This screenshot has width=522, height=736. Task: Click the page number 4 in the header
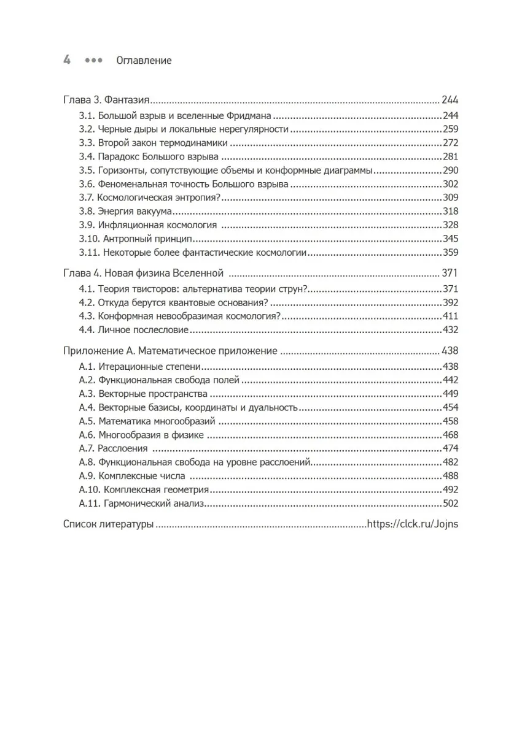coord(67,60)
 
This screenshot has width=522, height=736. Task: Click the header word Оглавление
coord(144,61)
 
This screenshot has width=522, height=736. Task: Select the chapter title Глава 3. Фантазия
coord(108,101)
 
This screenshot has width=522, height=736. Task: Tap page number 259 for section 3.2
coord(450,129)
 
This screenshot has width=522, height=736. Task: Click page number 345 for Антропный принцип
coord(450,238)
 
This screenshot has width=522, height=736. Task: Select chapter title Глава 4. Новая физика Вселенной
coord(143,273)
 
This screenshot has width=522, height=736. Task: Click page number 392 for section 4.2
coord(450,303)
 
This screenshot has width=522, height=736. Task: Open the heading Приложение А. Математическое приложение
coord(170,352)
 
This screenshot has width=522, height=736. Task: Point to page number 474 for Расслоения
coord(450,448)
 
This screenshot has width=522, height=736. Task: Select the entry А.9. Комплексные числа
coord(132,476)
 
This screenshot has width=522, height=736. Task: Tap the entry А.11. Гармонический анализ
coord(141,504)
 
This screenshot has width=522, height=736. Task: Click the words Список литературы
coord(108,525)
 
